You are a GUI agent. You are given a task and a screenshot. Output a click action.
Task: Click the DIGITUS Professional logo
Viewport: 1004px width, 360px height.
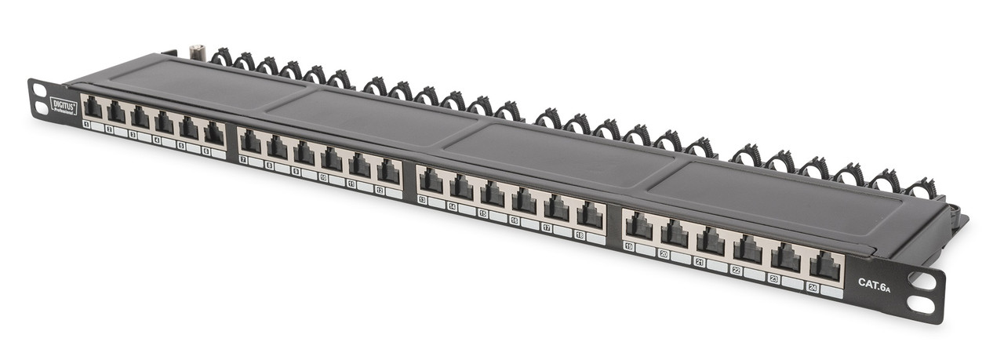click(x=64, y=106)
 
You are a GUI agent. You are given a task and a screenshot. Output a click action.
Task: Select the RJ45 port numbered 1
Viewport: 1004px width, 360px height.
click(x=93, y=109)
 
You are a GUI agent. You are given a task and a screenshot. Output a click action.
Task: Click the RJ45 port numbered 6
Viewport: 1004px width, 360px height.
click(x=213, y=133)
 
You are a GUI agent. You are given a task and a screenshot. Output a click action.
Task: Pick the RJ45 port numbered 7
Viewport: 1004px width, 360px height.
click(x=250, y=142)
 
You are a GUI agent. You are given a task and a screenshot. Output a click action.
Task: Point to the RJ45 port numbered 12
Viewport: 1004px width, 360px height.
click(x=387, y=171)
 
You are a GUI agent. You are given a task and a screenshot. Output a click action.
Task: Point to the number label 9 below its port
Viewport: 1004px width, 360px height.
click(x=296, y=170)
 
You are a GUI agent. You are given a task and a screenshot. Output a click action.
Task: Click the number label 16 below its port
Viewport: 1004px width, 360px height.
click(x=515, y=220)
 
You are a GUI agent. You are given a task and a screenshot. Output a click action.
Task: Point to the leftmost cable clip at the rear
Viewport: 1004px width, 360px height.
click(x=222, y=56)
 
